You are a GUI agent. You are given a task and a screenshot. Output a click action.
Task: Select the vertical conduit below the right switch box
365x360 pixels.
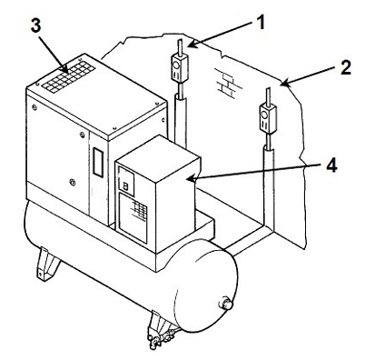click(x=269, y=182)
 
